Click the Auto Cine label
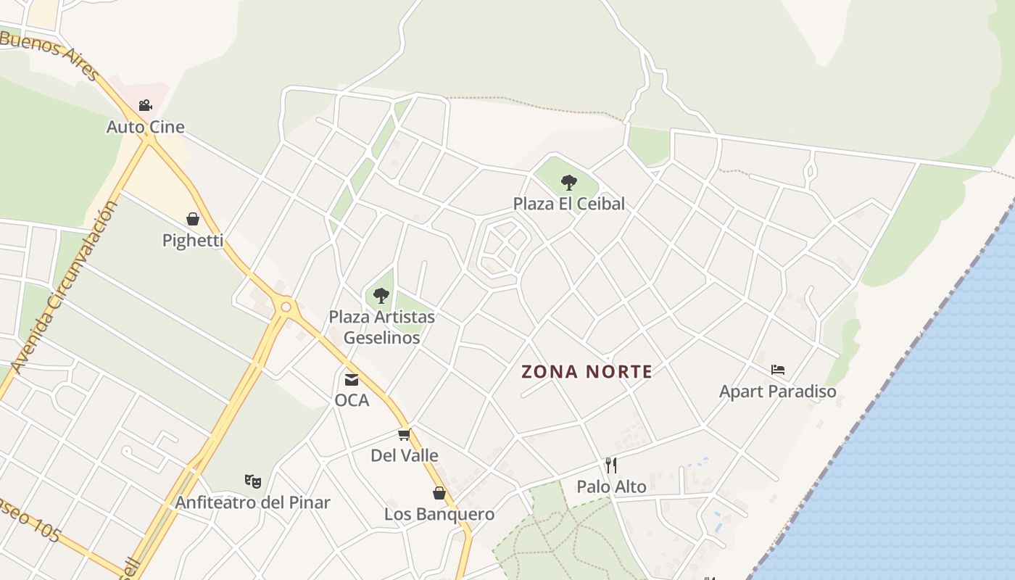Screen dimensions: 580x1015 146,127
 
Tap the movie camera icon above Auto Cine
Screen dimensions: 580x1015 146,106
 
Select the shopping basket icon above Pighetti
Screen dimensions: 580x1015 193,219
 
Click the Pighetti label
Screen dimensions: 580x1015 193,240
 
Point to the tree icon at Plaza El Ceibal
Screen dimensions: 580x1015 569,183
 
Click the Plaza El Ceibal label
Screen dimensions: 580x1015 569,204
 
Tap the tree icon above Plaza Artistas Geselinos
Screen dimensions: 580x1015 381,296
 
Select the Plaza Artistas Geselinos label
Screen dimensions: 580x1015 381,327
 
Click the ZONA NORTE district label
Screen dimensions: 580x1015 587,372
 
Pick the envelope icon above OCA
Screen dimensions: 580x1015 352,379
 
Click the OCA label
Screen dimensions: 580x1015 352,400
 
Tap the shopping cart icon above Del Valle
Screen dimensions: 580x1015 405,434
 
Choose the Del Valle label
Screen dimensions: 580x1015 405,455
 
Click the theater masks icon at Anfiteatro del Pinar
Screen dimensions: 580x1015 252,481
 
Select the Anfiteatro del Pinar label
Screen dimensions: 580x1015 252,502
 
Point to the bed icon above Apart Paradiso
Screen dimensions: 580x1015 778,370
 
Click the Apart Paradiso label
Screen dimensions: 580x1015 778,391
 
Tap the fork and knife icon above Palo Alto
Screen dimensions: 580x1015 611,465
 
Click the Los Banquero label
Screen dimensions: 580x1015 439,514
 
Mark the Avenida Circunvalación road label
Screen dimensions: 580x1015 65,286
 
